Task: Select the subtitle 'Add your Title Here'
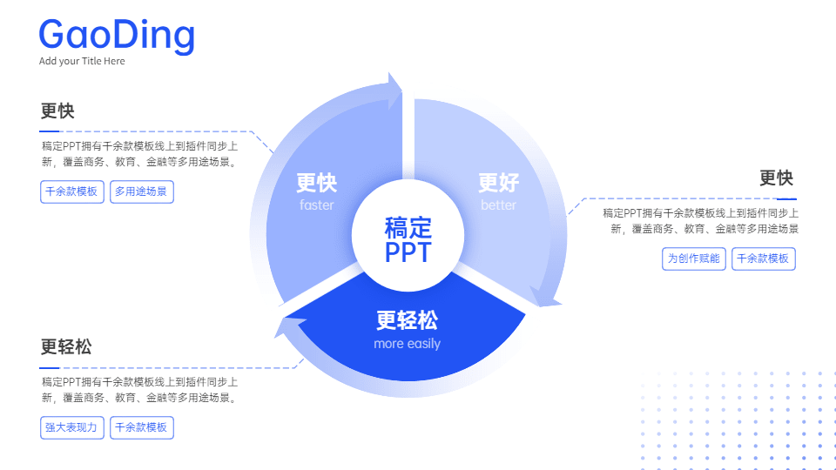pos(82,61)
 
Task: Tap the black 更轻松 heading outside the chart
pos(66,347)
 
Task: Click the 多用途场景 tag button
pos(142,191)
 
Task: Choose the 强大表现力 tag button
pos(72,427)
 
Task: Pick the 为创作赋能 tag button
pos(694,258)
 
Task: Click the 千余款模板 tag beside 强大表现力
pos(142,427)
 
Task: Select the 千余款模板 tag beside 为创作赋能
pos(764,258)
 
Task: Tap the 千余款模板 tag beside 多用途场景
pos(72,191)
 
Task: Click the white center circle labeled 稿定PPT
pos(408,236)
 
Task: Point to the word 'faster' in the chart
pos(317,205)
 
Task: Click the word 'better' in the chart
pos(498,205)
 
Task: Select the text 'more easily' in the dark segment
pos(408,344)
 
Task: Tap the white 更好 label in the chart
pos(498,182)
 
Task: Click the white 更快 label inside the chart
pos(317,183)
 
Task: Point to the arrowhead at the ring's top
pos(394,90)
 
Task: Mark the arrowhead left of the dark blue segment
pos(288,326)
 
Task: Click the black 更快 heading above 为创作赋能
pos(776,178)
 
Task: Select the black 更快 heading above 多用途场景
pos(57,111)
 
